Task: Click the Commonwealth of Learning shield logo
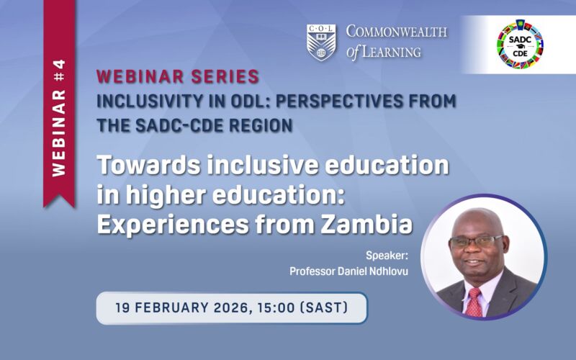(x=321, y=42)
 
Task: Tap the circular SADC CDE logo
(x=520, y=44)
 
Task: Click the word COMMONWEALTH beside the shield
(x=396, y=32)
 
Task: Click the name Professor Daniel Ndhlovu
(x=343, y=271)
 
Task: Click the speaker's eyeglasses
(x=474, y=241)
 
